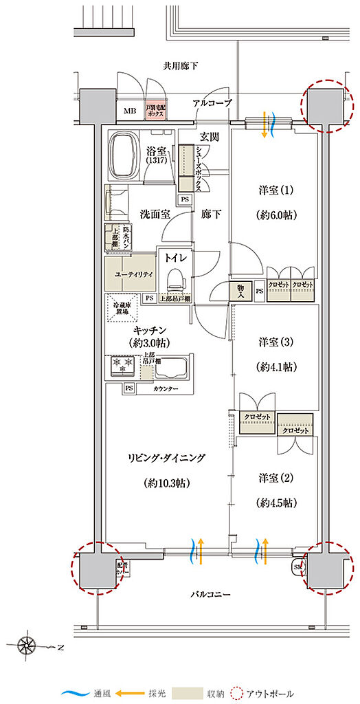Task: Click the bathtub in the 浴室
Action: click(124, 153)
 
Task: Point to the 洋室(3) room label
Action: click(276, 342)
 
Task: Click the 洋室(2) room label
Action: click(276, 476)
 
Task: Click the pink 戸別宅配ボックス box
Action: click(154, 111)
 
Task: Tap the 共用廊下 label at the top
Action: click(180, 67)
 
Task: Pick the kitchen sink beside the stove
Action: click(172, 370)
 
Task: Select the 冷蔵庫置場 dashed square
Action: click(120, 306)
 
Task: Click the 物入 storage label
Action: click(240, 291)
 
